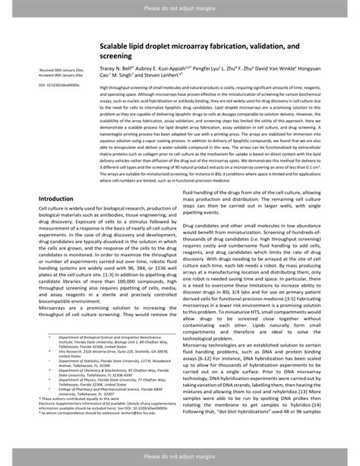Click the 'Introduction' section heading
(x=60, y=198)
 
